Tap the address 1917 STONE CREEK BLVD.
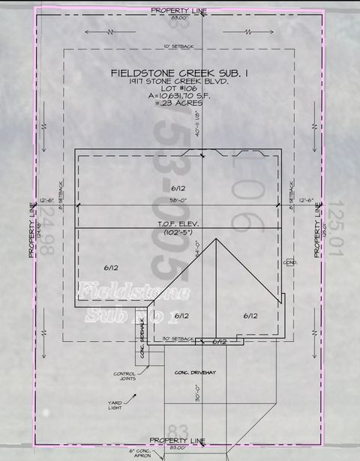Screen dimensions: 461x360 coord(178,81)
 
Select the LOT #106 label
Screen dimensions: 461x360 coord(178,88)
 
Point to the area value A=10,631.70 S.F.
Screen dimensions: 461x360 coord(178,96)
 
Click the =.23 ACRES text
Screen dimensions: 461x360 coord(178,103)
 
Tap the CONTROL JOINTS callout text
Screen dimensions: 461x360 coord(124,377)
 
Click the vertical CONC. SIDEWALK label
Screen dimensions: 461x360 coord(143,346)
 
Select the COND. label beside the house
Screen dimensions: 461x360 coord(290,262)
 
